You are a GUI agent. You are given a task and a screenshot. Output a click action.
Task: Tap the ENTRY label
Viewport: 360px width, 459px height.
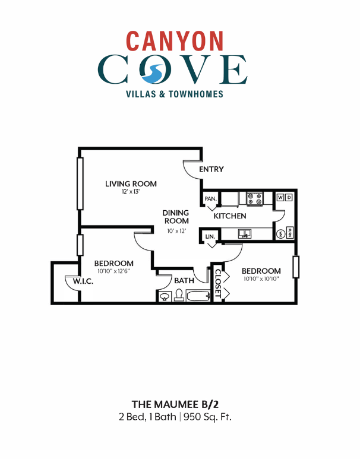point(211,169)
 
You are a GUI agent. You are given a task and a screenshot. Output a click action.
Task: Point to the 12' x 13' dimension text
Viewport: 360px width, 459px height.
point(131,192)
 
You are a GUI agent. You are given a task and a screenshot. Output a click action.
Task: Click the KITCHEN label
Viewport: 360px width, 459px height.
point(230,216)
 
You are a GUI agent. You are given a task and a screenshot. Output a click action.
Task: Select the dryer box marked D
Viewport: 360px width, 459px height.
point(289,197)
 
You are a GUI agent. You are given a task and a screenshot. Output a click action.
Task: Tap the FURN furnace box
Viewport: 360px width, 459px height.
point(290,232)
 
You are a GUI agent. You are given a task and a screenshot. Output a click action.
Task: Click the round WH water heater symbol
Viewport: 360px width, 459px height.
point(280,233)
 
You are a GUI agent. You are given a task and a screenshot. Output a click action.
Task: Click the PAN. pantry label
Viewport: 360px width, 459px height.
point(210,199)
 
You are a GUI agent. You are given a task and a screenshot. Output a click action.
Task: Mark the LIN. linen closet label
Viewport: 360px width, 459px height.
point(210,237)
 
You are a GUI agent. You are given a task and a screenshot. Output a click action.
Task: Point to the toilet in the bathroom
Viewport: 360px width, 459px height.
point(177,295)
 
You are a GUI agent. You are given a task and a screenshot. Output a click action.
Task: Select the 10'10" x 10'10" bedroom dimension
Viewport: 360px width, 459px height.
point(261,280)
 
